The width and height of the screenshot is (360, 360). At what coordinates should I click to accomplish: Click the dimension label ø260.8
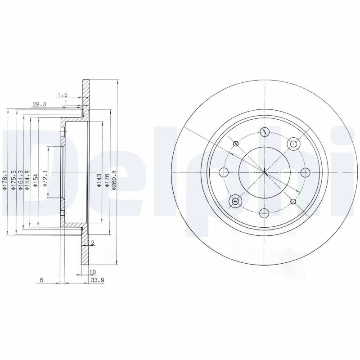point(114,179)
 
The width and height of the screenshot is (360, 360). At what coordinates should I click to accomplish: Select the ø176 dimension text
point(107,179)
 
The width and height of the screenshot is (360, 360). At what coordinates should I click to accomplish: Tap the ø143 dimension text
point(99,179)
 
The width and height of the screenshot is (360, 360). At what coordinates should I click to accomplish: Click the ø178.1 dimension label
point(5,179)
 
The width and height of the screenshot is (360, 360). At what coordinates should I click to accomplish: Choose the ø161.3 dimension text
point(21,179)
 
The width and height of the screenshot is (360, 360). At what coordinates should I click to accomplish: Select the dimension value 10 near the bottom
point(93,272)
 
